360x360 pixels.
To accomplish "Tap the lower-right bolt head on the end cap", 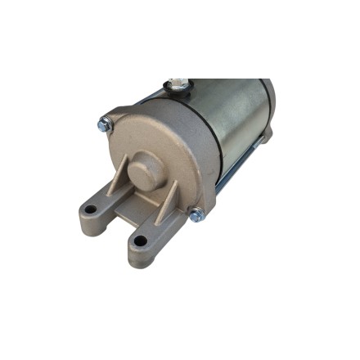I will [x=196, y=214].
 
